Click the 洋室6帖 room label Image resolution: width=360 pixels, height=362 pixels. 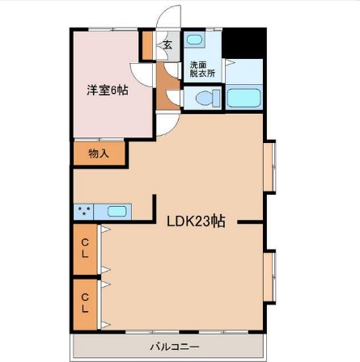(108, 90)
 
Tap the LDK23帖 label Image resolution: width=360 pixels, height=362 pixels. (196, 222)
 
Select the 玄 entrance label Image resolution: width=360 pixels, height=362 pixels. (168, 44)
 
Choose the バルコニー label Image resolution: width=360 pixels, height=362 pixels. (169, 347)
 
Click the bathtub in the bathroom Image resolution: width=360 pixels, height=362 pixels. (243, 99)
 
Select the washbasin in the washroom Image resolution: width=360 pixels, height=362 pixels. (196, 41)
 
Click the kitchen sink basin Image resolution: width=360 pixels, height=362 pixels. (117, 213)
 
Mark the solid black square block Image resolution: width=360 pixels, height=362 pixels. (244, 42)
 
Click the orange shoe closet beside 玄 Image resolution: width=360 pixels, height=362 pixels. (148, 44)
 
